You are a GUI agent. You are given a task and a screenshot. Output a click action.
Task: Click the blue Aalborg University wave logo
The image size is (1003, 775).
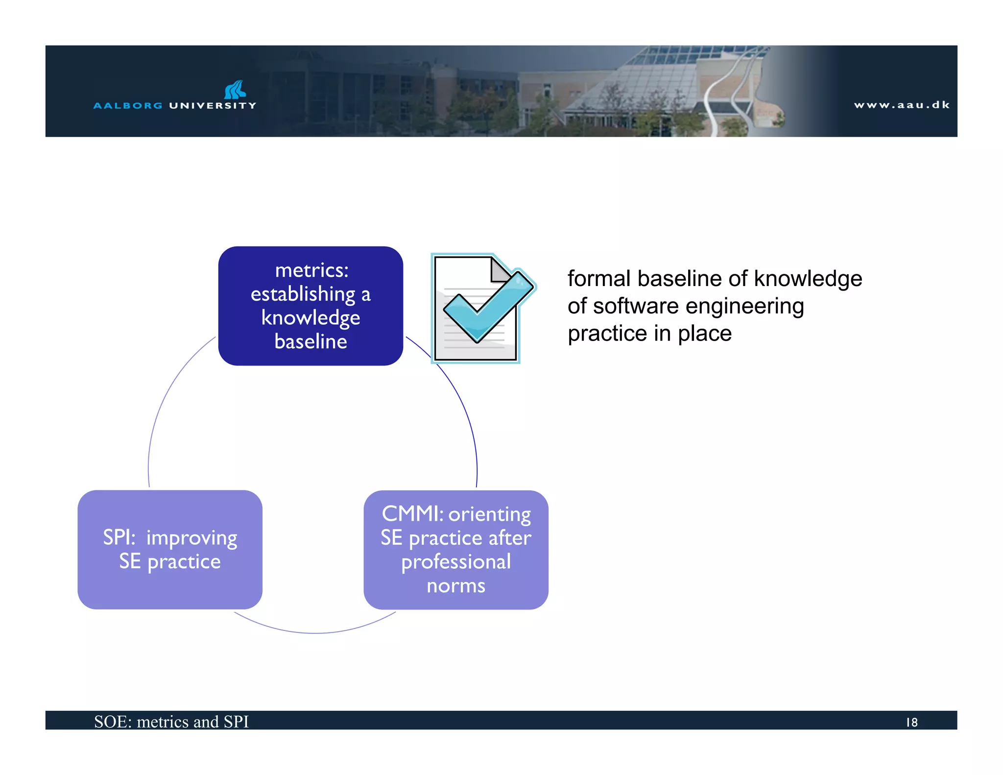click(x=235, y=90)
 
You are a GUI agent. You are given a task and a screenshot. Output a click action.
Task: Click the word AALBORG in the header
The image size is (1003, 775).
click(x=128, y=105)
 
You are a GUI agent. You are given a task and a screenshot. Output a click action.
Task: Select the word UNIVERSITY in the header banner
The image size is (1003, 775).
click(x=213, y=105)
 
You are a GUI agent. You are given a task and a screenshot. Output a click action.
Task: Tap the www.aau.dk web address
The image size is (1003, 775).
click(x=902, y=105)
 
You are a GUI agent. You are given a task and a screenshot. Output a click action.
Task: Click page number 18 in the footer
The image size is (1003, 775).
click(x=911, y=722)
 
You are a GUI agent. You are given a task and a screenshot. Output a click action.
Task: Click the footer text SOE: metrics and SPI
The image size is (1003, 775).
click(x=171, y=722)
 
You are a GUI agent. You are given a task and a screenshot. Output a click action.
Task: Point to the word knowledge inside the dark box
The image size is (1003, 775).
click(x=310, y=317)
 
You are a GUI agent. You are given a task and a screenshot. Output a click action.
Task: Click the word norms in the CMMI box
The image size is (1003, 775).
click(x=455, y=585)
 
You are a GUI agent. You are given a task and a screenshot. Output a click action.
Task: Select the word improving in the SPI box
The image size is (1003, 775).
click(x=191, y=538)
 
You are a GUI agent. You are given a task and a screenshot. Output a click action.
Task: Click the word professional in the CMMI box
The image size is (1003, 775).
click(x=455, y=562)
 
